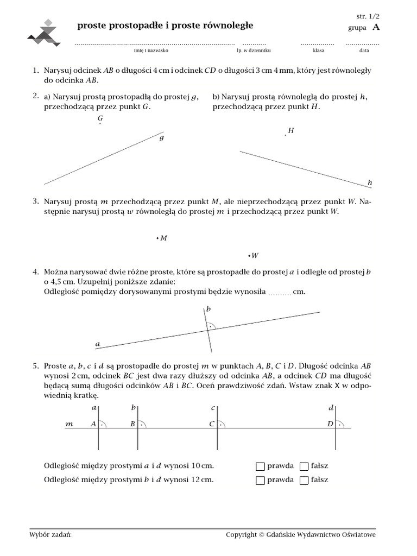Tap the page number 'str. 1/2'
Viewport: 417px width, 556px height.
click(x=368, y=16)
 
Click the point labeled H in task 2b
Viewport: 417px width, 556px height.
click(x=286, y=135)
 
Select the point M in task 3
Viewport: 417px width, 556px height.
click(x=157, y=238)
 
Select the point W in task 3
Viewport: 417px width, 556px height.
click(x=249, y=255)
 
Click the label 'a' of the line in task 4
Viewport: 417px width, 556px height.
click(x=98, y=344)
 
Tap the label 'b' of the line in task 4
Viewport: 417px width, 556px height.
click(x=208, y=309)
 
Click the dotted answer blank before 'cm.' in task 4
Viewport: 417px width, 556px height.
click(x=280, y=293)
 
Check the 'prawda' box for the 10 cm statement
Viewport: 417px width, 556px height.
click(x=260, y=466)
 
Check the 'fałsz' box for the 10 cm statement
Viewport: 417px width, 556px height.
click(x=304, y=466)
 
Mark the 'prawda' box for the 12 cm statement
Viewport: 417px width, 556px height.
click(x=260, y=480)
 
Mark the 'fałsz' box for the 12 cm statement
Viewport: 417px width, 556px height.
click(x=304, y=480)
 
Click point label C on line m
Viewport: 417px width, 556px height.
click(x=212, y=424)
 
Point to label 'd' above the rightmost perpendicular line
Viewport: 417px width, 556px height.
click(x=331, y=408)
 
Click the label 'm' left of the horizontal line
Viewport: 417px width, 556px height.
click(x=69, y=425)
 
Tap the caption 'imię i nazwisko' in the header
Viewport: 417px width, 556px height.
click(x=151, y=50)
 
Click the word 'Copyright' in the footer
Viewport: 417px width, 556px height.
click(x=241, y=535)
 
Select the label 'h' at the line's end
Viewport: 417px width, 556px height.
click(x=370, y=183)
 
